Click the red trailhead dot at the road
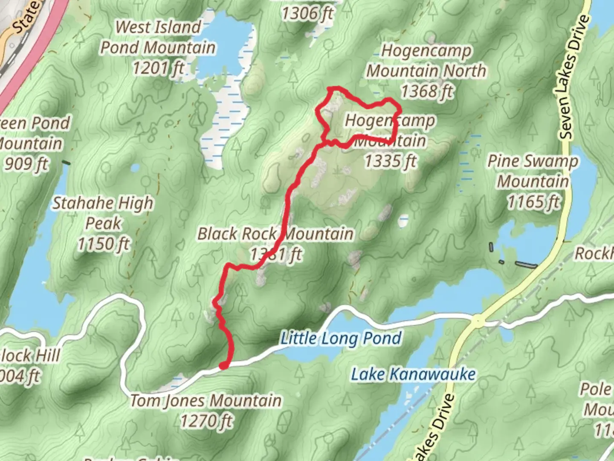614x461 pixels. [x=223, y=365]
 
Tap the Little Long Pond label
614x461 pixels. [x=341, y=338]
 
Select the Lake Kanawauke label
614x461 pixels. [x=413, y=374]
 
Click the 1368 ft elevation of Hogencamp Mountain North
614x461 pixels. [x=427, y=91]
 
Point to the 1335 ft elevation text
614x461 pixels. [x=390, y=161]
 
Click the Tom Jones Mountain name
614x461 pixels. [x=206, y=400]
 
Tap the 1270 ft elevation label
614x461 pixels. [x=206, y=421]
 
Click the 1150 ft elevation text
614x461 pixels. [x=103, y=244]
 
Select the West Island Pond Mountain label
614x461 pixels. [x=158, y=37]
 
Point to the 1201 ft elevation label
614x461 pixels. [x=158, y=67]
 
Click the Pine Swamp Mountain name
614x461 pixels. [x=533, y=171]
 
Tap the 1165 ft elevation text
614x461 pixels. [x=533, y=202]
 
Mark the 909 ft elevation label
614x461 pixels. [x=26, y=163]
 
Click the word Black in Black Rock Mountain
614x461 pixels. [x=217, y=234]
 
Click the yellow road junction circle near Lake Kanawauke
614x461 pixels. [x=478, y=320]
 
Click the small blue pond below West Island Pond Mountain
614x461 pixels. [x=135, y=168]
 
